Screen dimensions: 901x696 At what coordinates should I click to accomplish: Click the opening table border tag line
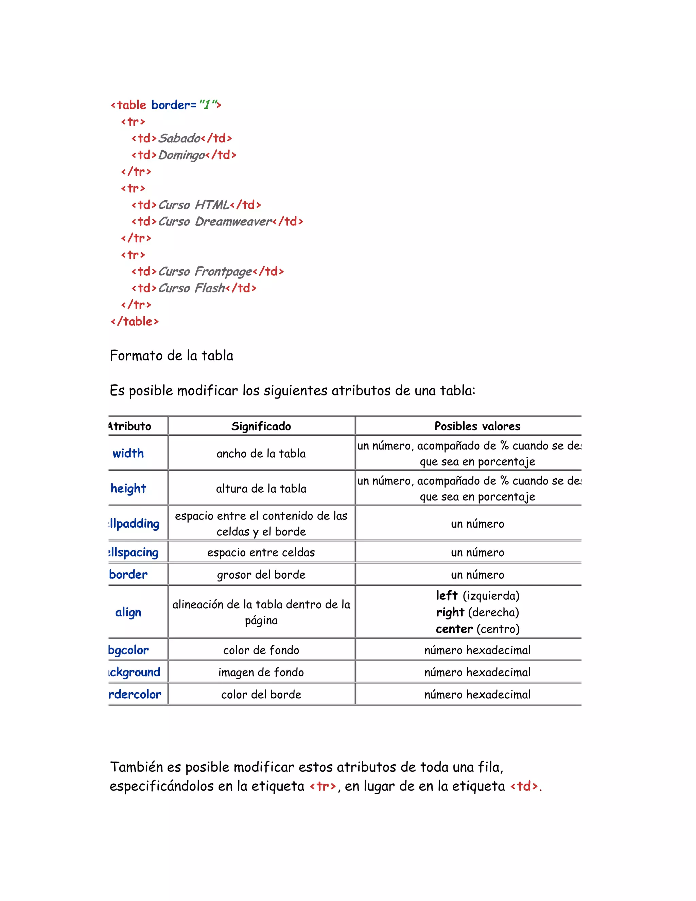click(x=166, y=105)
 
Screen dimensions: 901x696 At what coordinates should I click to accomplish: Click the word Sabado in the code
click(x=179, y=138)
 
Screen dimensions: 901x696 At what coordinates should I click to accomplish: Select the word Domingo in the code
click(x=182, y=155)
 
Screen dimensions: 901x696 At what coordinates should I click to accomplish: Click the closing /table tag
click(x=135, y=321)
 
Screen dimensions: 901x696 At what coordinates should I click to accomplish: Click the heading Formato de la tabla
click(x=172, y=356)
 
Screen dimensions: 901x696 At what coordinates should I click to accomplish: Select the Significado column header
click(x=261, y=426)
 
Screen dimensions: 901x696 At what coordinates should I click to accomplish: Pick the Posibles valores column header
click(x=477, y=426)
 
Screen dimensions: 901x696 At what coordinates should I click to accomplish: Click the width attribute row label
click(x=128, y=453)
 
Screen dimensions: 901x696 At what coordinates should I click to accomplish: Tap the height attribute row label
click(x=128, y=489)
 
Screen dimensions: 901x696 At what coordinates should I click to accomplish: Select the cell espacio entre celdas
click(x=261, y=552)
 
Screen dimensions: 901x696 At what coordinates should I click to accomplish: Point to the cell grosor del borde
click(x=261, y=575)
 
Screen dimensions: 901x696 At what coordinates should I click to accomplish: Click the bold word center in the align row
click(x=454, y=629)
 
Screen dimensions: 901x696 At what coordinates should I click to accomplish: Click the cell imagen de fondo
click(x=261, y=673)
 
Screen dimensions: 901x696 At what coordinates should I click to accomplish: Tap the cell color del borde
click(x=261, y=695)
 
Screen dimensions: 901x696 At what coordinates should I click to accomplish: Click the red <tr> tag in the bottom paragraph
click(x=323, y=786)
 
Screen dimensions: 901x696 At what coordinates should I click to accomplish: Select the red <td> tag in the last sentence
click(x=524, y=786)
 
